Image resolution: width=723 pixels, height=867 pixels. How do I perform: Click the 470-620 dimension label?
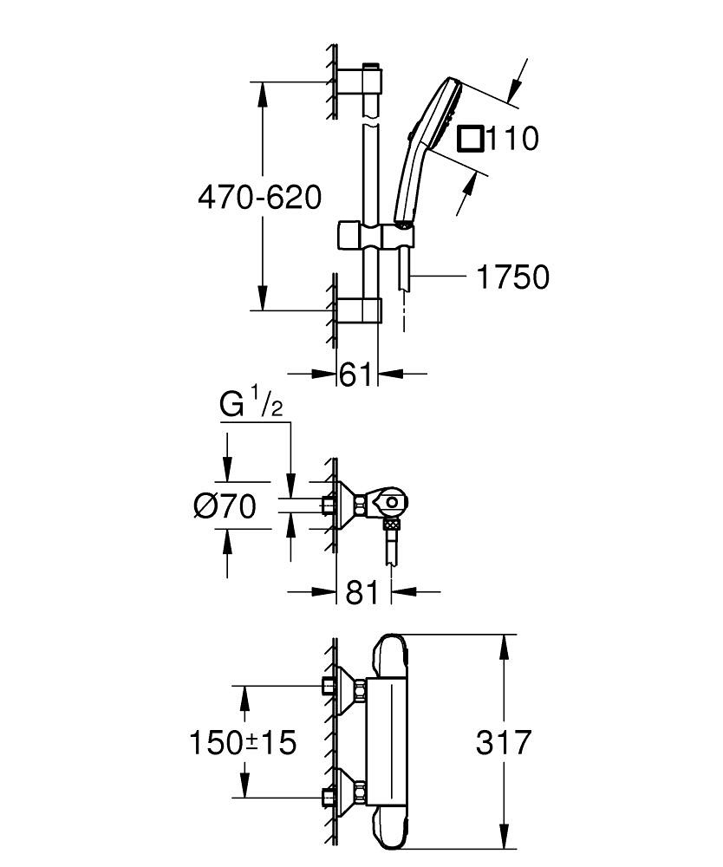(260, 198)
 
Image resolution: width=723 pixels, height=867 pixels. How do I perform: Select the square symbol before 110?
(471, 138)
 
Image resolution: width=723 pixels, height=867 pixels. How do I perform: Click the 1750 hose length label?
(513, 277)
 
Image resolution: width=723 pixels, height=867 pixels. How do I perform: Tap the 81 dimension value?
(362, 593)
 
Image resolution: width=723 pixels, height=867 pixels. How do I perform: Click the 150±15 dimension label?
(243, 742)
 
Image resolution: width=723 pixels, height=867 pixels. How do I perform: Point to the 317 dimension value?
(504, 742)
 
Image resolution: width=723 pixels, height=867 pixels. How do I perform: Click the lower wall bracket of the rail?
(359, 310)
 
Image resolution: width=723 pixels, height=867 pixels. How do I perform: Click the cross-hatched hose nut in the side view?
(392, 525)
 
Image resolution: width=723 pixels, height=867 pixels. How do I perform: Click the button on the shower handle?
(409, 134)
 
